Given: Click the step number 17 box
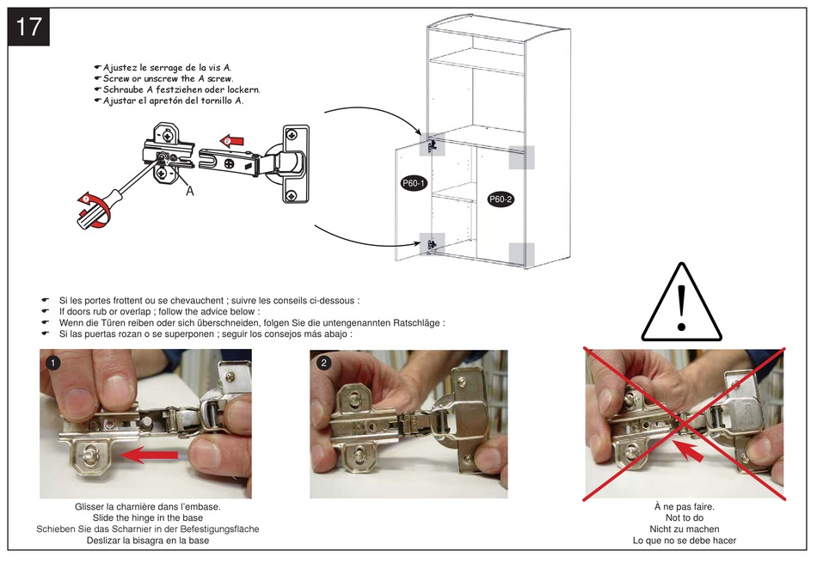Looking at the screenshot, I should tap(29, 27).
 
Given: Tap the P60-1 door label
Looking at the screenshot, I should tap(415, 183).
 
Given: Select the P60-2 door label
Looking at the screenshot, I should tap(501, 199).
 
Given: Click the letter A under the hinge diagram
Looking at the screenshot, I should tap(190, 192).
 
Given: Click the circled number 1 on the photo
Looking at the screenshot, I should tap(54, 364).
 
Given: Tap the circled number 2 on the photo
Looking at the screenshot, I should tap(324, 363).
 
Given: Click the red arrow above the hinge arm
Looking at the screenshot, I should tap(230, 139).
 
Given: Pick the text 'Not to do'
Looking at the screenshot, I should tap(685, 518).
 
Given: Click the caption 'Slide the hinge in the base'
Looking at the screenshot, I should tap(147, 518).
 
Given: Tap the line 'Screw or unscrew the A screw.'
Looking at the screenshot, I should tap(168, 78).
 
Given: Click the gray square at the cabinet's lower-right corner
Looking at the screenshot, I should tap(521, 254).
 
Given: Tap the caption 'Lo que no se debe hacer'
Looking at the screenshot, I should tap(685, 541).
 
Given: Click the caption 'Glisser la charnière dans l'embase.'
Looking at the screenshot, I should tap(148, 507).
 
